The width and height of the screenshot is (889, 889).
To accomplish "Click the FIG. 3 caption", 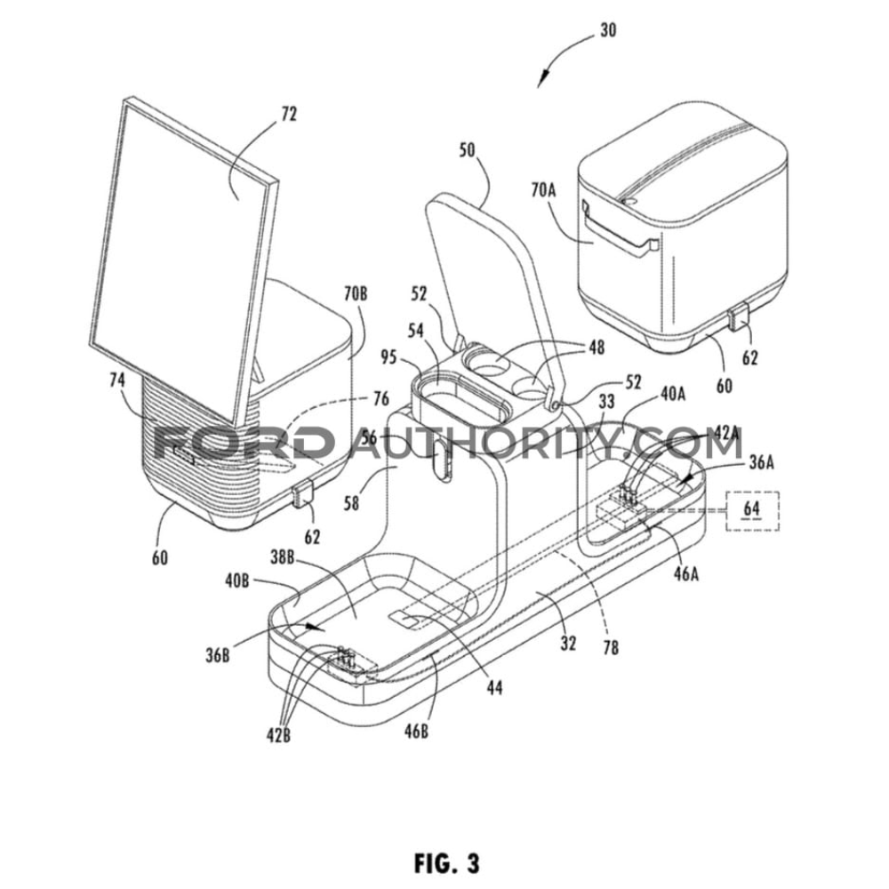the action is coord(447,863).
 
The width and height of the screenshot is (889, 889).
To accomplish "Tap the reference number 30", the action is coord(608,30).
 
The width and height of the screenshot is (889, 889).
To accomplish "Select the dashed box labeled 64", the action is coord(753,511).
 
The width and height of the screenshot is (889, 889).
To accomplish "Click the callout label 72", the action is coord(289,114).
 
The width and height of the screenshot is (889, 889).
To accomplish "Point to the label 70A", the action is coord(544,189).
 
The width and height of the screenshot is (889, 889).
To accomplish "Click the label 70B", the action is coord(356,293).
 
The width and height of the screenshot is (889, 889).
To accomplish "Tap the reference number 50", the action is coord(468,150).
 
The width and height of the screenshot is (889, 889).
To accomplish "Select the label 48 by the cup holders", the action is coord(597,347).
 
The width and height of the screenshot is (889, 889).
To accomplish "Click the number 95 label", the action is coord(389,358).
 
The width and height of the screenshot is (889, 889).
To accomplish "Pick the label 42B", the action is coord(279,735).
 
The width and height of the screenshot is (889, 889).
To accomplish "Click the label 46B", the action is coord(416,732).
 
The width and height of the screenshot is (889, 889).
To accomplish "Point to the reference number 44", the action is coord(494,688).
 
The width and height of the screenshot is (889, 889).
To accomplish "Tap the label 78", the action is coord(611,647).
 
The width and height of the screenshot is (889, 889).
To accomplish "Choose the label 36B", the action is coord(218,655).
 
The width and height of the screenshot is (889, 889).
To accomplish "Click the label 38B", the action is coord(282,558).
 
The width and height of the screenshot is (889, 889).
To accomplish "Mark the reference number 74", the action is coord(116,380).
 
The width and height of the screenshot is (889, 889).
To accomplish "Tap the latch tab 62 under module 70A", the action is coord(739,317).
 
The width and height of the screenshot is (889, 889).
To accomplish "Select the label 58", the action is coord(351,503).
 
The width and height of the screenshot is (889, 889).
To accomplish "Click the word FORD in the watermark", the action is coord(244,441).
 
